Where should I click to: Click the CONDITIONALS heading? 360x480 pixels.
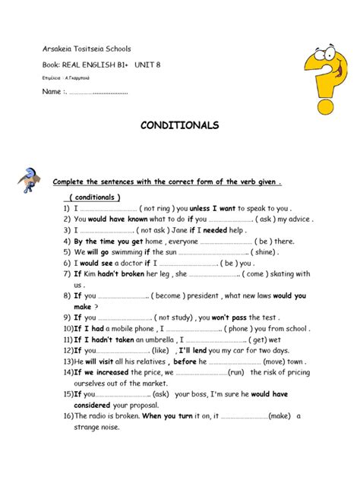[179, 125]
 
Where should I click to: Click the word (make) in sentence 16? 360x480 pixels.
[279, 416]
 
